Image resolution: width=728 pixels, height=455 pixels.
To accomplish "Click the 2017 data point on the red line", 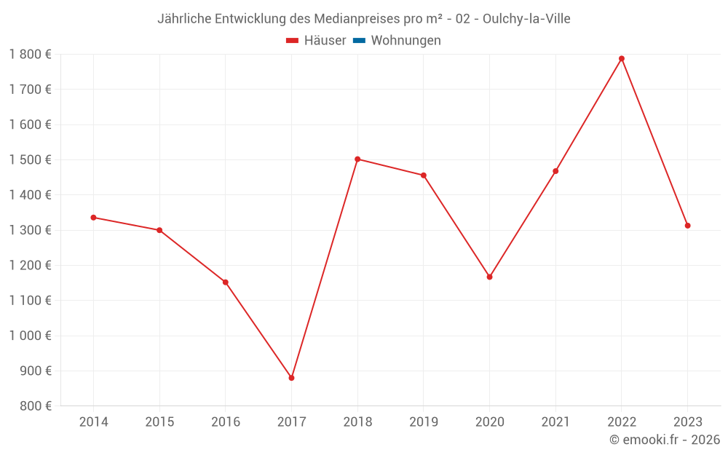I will pyautogui.click(x=291, y=378).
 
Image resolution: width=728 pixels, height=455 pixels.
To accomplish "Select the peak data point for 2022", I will pyautogui.click(x=622, y=58).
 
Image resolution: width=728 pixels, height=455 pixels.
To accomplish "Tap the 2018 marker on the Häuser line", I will pyautogui.click(x=357, y=159).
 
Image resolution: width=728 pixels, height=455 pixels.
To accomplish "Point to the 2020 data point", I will pyautogui.click(x=489, y=277).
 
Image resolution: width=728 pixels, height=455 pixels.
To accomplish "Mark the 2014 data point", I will pyautogui.click(x=93, y=217).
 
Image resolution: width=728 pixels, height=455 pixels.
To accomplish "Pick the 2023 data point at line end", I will pyautogui.click(x=687, y=226).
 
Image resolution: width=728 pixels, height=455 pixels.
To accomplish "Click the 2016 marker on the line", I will pyautogui.click(x=226, y=282).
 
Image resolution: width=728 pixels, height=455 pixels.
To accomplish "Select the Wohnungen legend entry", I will pyautogui.click(x=405, y=41).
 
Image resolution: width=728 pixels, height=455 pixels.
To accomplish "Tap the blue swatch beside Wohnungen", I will pyautogui.click(x=359, y=41).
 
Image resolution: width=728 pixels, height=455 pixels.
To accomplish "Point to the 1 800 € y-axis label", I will pyautogui.click(x=30, y=54).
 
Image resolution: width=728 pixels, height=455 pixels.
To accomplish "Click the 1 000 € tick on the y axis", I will pyautogui.click(x=30, y=336).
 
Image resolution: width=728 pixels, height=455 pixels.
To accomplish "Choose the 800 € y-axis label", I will pyautogui.click(x=36, y=405).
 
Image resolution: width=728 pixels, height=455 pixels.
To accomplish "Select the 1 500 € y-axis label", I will pyautogui.click(x=30, y=159).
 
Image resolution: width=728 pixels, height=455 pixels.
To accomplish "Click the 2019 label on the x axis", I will pyautogui.click(x=423, y=422).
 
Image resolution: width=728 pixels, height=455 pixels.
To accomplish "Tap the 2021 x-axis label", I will pyautogui.click(x=555, y=422).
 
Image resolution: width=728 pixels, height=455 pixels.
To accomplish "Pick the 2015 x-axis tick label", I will pyautogui.click(x=159, y=422).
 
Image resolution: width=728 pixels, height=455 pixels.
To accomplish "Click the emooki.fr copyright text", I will pyautogui.click(x=665, y=440).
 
